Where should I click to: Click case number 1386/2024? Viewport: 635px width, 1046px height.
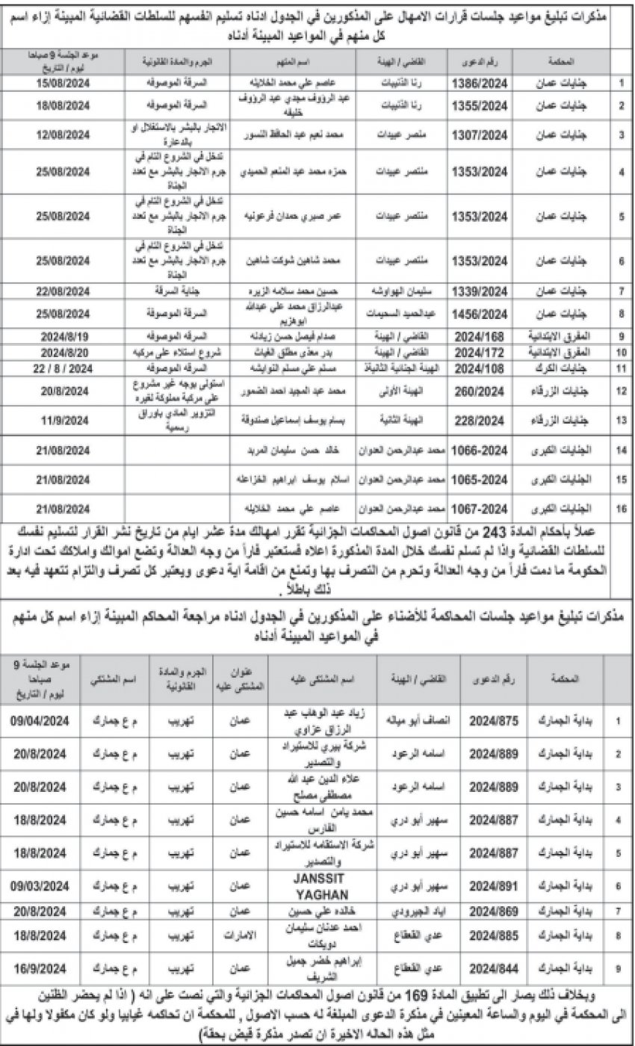482,79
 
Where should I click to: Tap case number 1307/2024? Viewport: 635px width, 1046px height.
482,134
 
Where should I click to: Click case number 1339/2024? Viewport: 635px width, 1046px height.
482,288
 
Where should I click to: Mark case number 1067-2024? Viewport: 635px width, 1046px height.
482,508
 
